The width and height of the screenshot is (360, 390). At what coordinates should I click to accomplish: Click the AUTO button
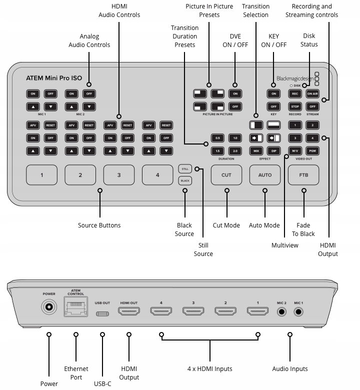coord(265,175)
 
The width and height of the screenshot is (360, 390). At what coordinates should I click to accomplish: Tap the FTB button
coord(303,175)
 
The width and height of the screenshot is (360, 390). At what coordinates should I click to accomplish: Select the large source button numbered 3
coord(119,175)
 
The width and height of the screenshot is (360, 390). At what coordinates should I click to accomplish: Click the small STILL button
coord(185,169)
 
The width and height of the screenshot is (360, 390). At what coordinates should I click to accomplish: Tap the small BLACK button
coord(185,180)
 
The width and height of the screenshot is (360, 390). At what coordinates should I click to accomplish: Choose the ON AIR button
coord(312,94)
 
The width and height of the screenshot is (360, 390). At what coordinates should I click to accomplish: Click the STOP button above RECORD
coord(295,106)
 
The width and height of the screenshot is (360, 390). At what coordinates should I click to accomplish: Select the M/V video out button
coord(295,150)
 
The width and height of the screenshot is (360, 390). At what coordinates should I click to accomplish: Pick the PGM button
coord(312,150)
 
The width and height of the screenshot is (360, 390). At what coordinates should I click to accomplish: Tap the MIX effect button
coord(256,150)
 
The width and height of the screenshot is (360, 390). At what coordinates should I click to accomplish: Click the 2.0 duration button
coord(235,150)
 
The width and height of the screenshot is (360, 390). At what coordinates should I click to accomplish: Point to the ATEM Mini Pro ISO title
coord(54,78)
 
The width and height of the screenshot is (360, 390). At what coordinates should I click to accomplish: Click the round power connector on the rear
coord(49,307)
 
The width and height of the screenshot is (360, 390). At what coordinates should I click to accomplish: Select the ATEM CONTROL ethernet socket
coord(76,306)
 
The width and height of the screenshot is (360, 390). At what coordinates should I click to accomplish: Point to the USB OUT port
coord(102,314)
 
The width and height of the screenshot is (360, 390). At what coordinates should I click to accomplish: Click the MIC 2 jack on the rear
coord(281,311)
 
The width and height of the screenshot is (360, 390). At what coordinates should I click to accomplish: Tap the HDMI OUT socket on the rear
coord(129,311)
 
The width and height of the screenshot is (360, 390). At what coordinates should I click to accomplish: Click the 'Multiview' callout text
coord(285,245)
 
